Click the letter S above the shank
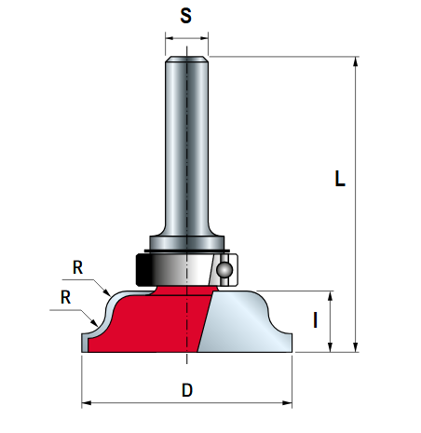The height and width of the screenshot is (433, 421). pyautogui.click(x=186, y=16)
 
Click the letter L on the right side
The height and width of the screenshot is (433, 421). pyautogui.click(x=340, y=178)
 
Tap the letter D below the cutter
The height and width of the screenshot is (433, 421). pyautogui.click(x=187, y=390)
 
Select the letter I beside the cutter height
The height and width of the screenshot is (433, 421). pyautogui.click(x=316, y=320)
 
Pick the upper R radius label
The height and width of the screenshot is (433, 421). pyautogui.click(x=77, y=267)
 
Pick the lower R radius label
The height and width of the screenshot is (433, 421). pyautogui.click(x=65, y=297)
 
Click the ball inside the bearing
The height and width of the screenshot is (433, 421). pyautogui.click(x=224, y=269)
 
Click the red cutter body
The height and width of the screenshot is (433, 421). pyautogui.click(x=149, y=323)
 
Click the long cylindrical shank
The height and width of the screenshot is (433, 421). pyautogui.click(x=186, y=146)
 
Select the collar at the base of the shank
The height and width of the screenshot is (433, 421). pyautogui.click(x=186, y=243)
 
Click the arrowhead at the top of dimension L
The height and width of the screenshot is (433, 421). pyautogui.click(x=356, y=61)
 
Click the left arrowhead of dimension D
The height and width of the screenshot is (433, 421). pyautogui.click(x=87, y=403)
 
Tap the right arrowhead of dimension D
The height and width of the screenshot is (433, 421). pyautogui.click(x=287, y=403)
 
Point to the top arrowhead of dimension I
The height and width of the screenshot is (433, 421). pyautogui.click(x=331, y=296)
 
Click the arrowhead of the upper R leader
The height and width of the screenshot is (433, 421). pyautogui.click(x=107, y=292)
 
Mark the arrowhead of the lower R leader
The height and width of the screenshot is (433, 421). pyautogui.click(x=94, y=322)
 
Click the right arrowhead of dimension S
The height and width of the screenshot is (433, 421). pyautogui.click(x=204, y=38)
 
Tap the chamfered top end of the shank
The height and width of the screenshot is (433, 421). pyautogui.click(x=186, y=59)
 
